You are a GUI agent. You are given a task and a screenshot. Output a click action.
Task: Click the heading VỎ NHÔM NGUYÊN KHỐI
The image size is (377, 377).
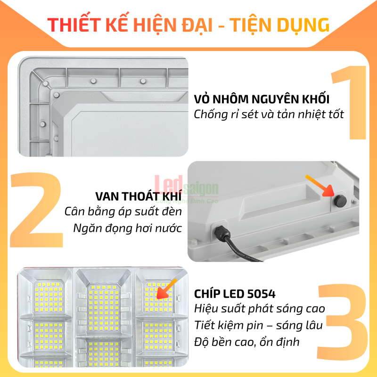tap(262, 99)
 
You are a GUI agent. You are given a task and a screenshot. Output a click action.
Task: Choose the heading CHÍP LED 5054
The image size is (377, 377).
tap(235, 294)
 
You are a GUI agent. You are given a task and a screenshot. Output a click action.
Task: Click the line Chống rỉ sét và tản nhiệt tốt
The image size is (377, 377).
tap(269, 115)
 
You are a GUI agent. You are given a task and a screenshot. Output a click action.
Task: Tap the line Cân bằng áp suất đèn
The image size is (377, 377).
tap(123, 212)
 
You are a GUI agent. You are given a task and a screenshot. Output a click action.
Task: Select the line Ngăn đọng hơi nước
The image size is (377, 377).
tap(127, 228)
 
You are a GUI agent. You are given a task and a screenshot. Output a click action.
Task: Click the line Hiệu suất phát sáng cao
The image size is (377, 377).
tap(260, 309)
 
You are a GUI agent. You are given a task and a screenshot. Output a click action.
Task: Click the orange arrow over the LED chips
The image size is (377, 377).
tap(167, 288)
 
